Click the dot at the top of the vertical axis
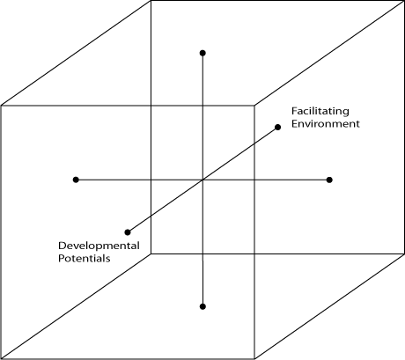[x=202, y=53]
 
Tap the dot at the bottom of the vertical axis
[x=202, y=306]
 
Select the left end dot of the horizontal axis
[x=76, y=180]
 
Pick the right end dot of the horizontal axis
[x=329, y=180]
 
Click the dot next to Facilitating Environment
[x=277, y=127]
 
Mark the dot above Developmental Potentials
[x=128, y=232]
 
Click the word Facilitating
[x=320, y=112]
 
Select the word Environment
[x=326, y=124]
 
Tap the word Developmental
[x=99, y=246]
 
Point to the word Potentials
[x=85, y=258]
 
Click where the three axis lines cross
[x=202, y=180]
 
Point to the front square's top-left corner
[x=1, y=106]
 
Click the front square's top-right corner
[x=254, y=105]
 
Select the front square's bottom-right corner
[x=254, y=358]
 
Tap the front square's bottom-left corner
[x=1, y=358]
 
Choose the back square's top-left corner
[x=151, y=1]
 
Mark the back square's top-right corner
[x=404, y=1]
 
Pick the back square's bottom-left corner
[x=151, y=253]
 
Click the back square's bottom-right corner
[x=404, y=253]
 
